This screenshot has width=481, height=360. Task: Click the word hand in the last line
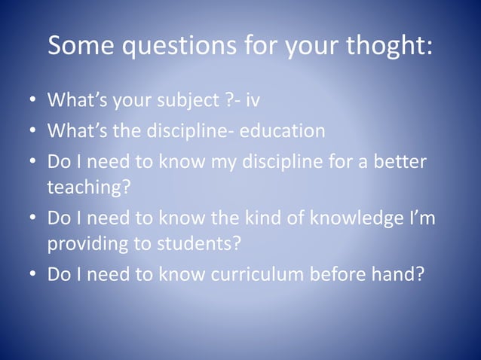(391, 274)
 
